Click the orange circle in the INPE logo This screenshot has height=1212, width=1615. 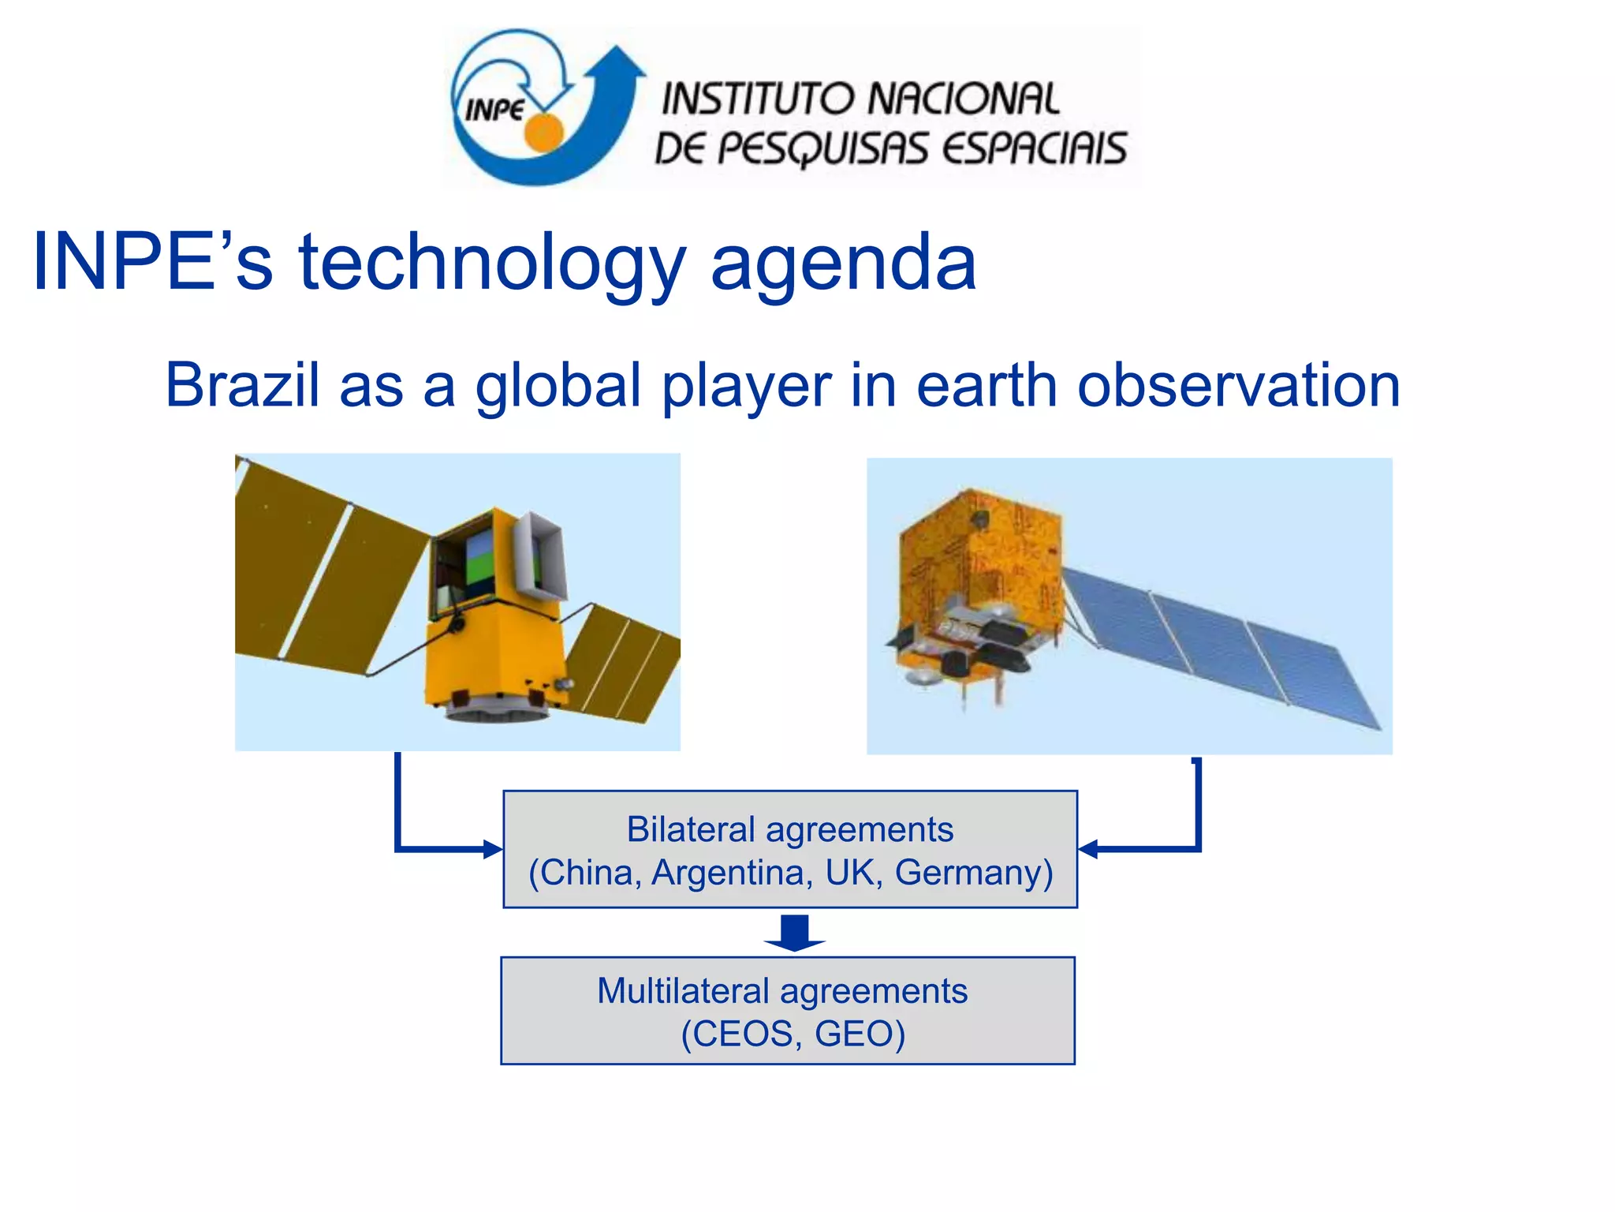(x=544, y=132)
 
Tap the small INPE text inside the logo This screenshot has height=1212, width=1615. (x=494, y=110)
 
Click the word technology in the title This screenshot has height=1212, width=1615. (x=492, y=262)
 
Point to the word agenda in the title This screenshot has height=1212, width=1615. (x=843, y=262)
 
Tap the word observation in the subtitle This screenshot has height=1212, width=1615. (x=1238, y=385)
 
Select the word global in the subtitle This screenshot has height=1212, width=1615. (x=558, y=385)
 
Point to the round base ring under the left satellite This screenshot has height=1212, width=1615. (x=497, y=714)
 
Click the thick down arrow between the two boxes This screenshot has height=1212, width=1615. (x=794, y=933)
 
